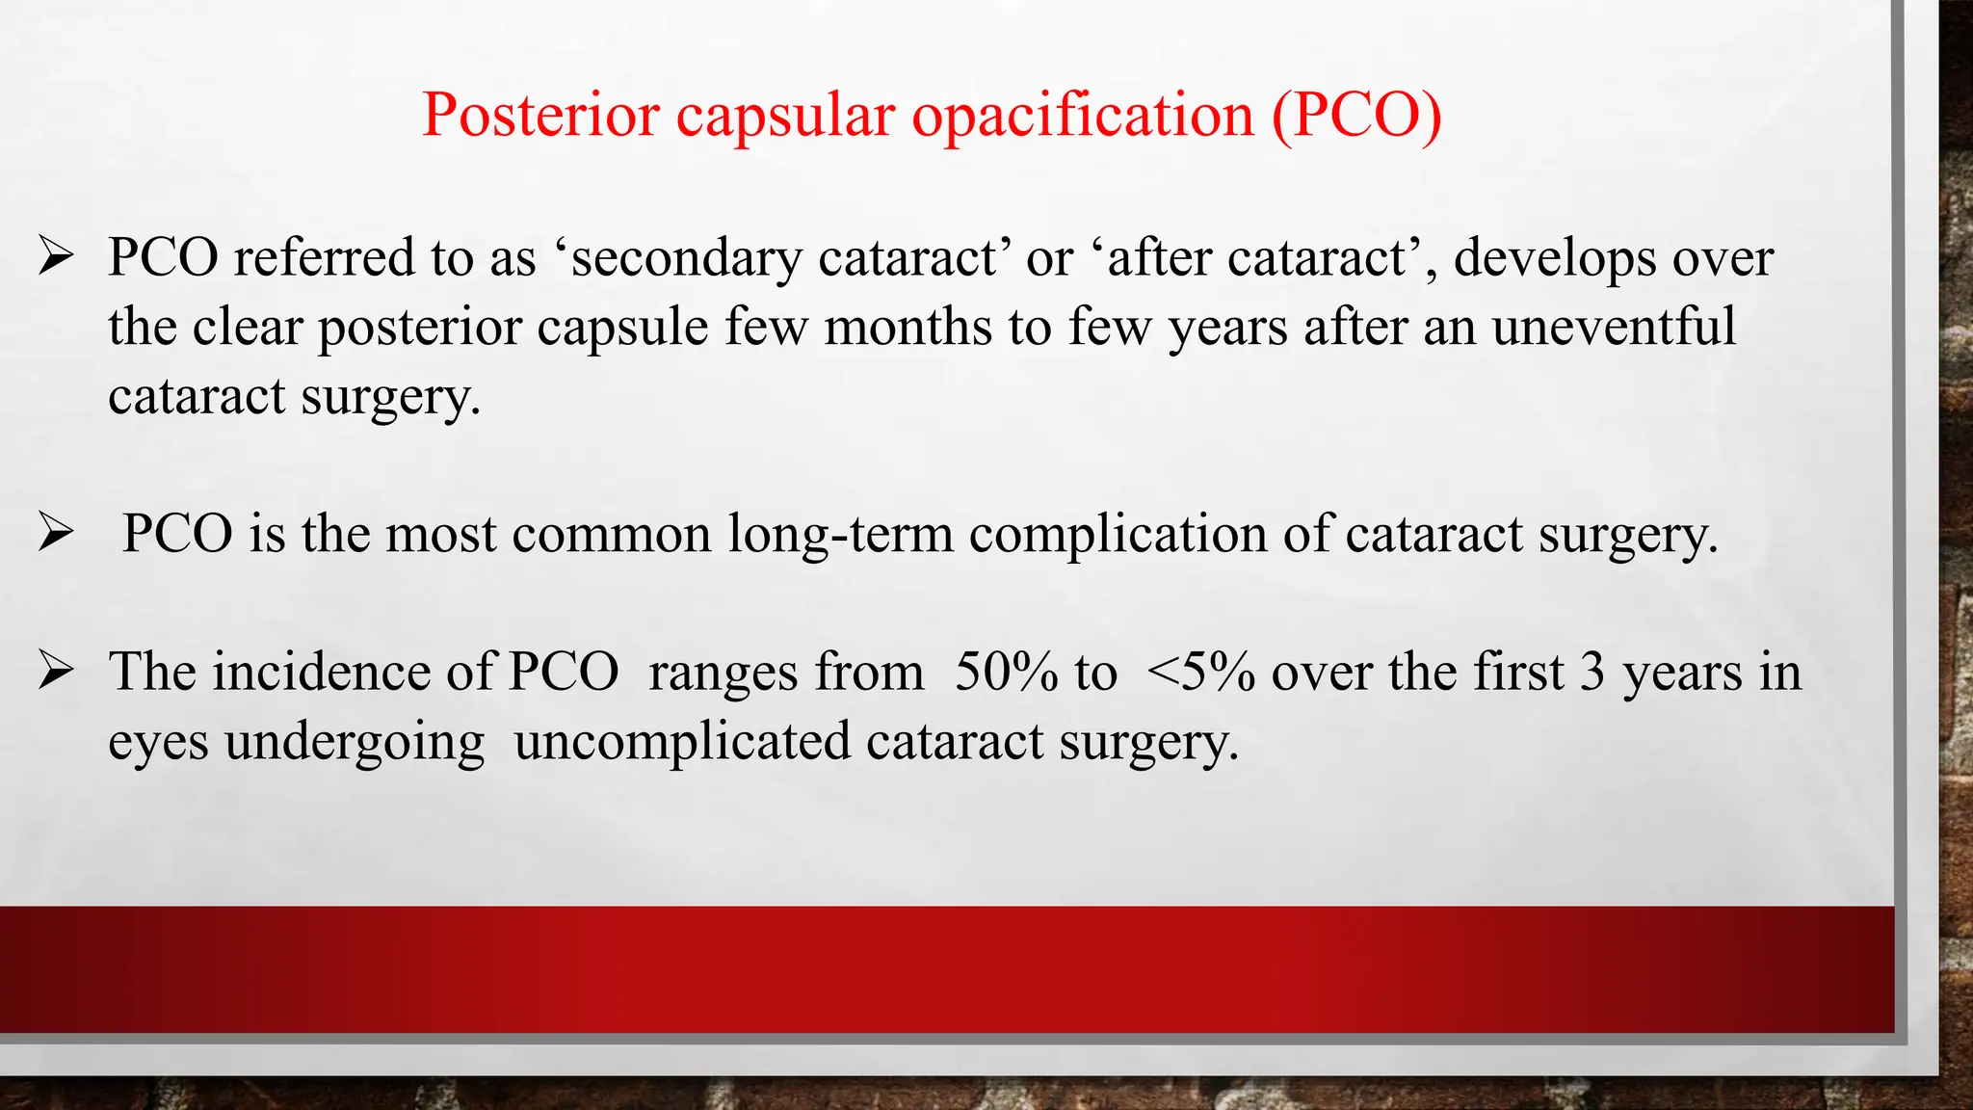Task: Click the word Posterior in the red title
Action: click(540, 115)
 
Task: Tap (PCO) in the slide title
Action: click(1356, 115)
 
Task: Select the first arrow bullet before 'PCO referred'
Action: click(56, 257)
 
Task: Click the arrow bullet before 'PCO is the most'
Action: click(56, 533)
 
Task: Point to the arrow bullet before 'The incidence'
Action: click(56, 671)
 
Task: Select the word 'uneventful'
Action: click(1614, 327)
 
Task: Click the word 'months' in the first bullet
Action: click(908, 327)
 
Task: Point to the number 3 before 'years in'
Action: click(1592, 672)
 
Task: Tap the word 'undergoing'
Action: click(355, 742)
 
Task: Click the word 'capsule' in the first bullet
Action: click(622, 327)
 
